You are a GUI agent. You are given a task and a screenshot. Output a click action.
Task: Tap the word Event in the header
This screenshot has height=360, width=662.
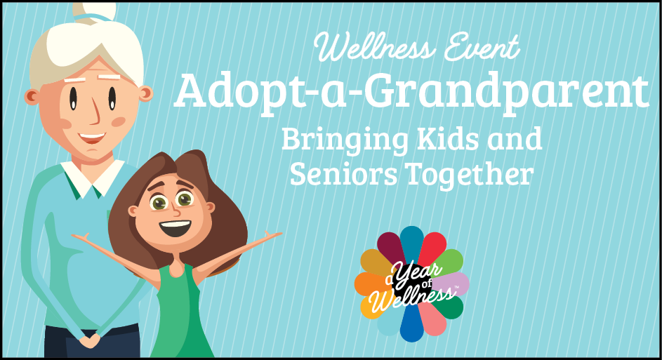click(482, 46)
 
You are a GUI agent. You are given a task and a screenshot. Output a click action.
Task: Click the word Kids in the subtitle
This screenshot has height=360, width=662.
click(448, 138)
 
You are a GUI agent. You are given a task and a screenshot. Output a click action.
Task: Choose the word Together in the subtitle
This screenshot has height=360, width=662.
click(469, 175)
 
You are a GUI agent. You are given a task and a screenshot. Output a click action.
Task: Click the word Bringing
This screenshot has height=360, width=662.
click(345, 141)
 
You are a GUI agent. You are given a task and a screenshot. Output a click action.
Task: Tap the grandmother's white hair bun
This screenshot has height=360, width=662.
click(94, 11)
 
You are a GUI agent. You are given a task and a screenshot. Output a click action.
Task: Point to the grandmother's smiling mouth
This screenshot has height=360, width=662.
click(92, 137)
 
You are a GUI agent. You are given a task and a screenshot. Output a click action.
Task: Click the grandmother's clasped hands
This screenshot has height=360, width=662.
click(90, 340)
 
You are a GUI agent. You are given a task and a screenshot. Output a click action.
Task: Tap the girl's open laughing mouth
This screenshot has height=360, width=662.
click(175, 228)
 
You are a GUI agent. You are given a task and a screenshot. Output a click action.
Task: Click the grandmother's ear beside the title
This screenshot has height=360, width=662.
click(145, 93)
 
